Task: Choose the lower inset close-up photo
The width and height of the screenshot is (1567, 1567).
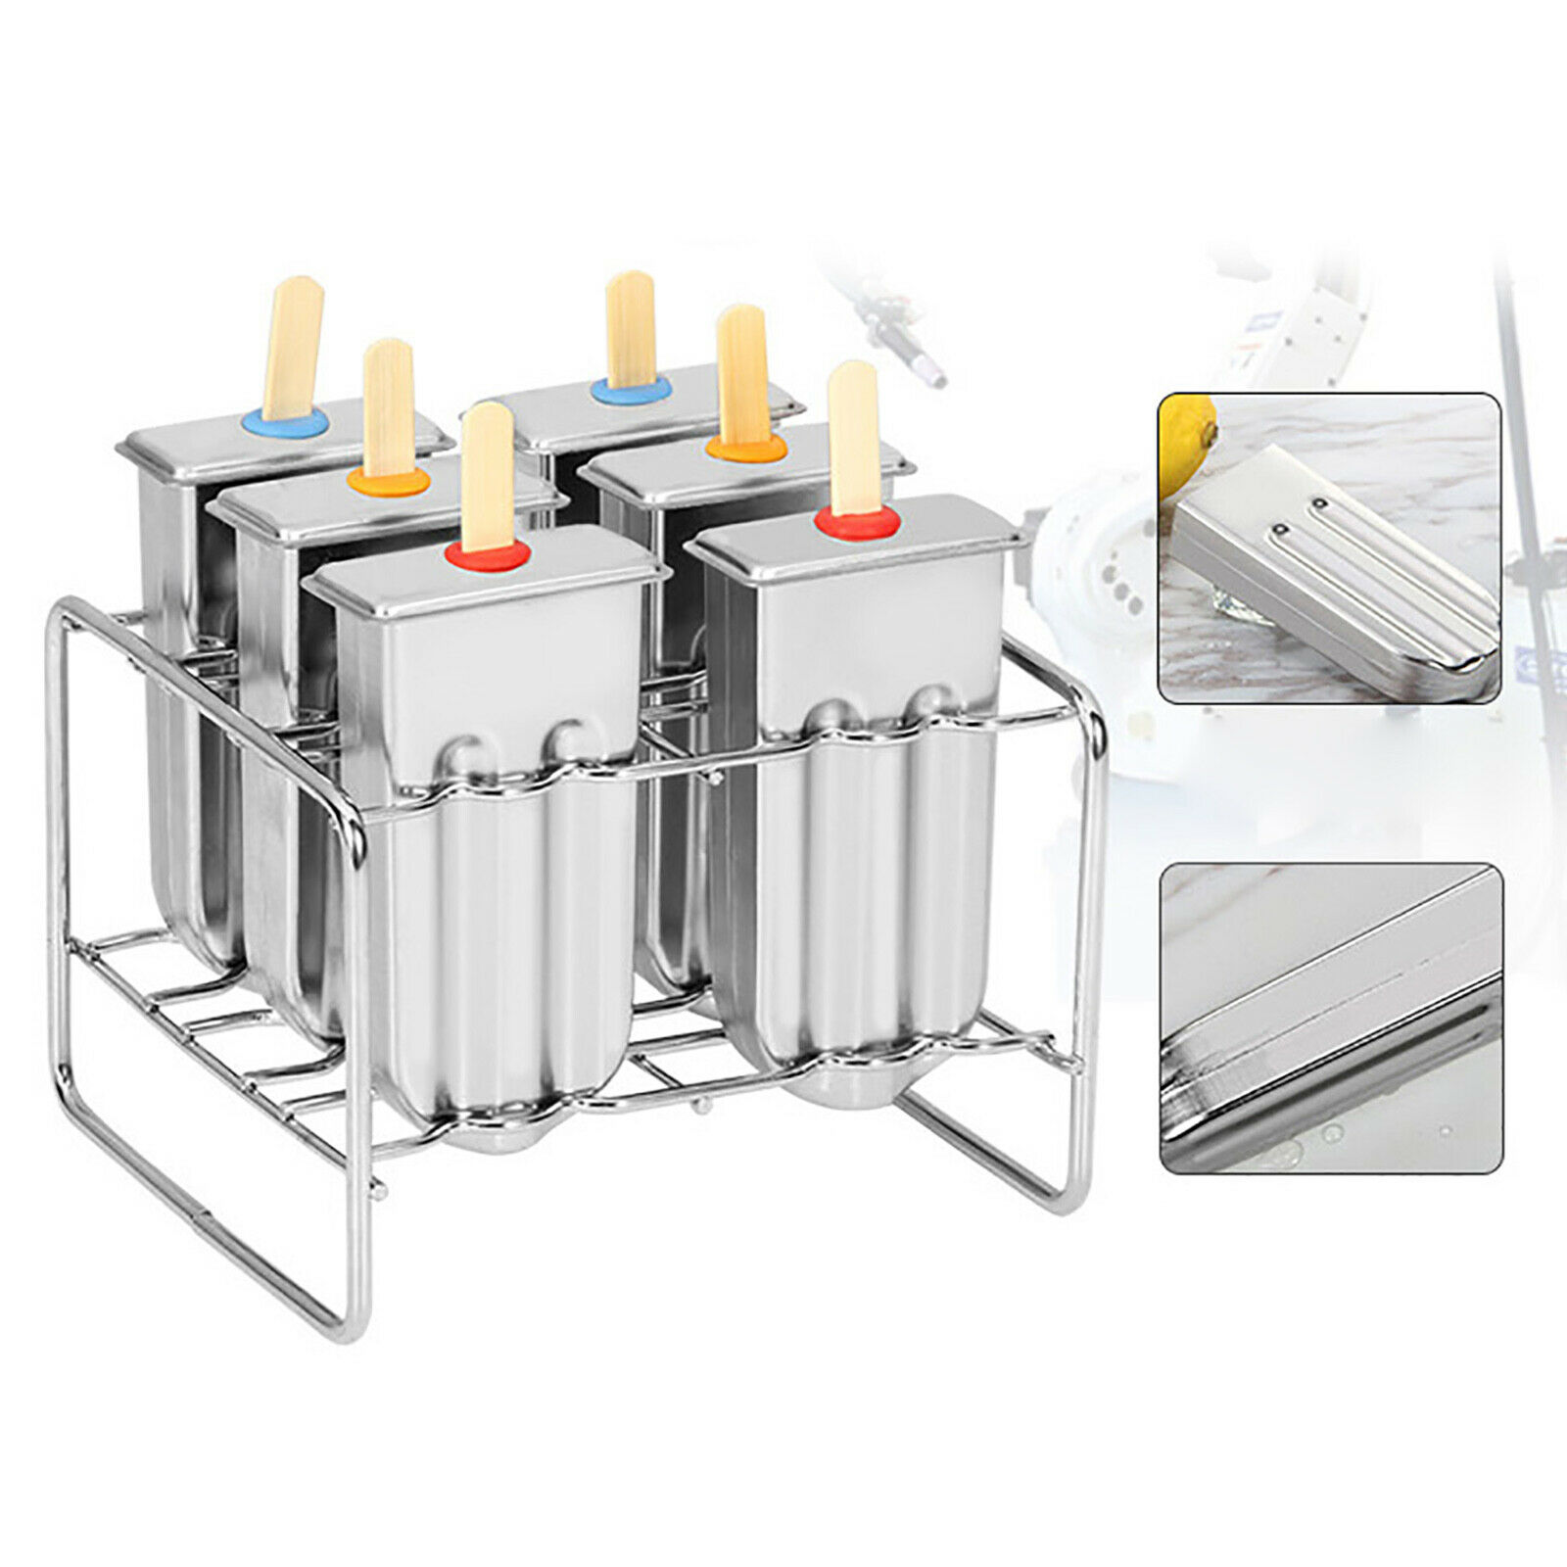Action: [1332, 1019]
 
